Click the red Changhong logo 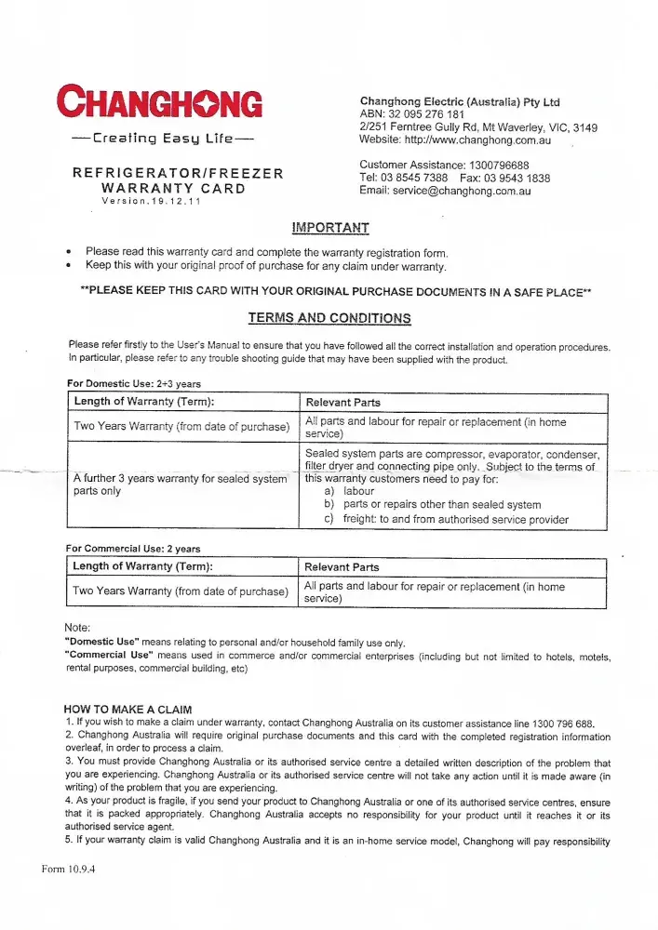click(159, 100)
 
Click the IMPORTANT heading click(329, 227)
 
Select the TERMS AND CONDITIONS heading click(329, 318)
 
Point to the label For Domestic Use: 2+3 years click(134, 383)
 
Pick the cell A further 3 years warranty click(180, 484)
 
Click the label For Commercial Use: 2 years click(133, 548)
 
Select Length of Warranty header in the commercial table click(143, 566)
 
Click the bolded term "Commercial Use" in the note click(109, 655)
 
